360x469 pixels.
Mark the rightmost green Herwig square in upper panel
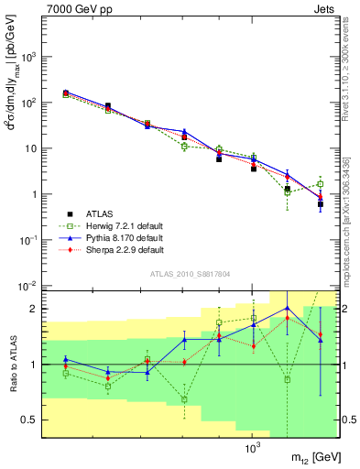coord(320,184)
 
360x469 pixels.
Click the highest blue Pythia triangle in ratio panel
coord(287,308)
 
